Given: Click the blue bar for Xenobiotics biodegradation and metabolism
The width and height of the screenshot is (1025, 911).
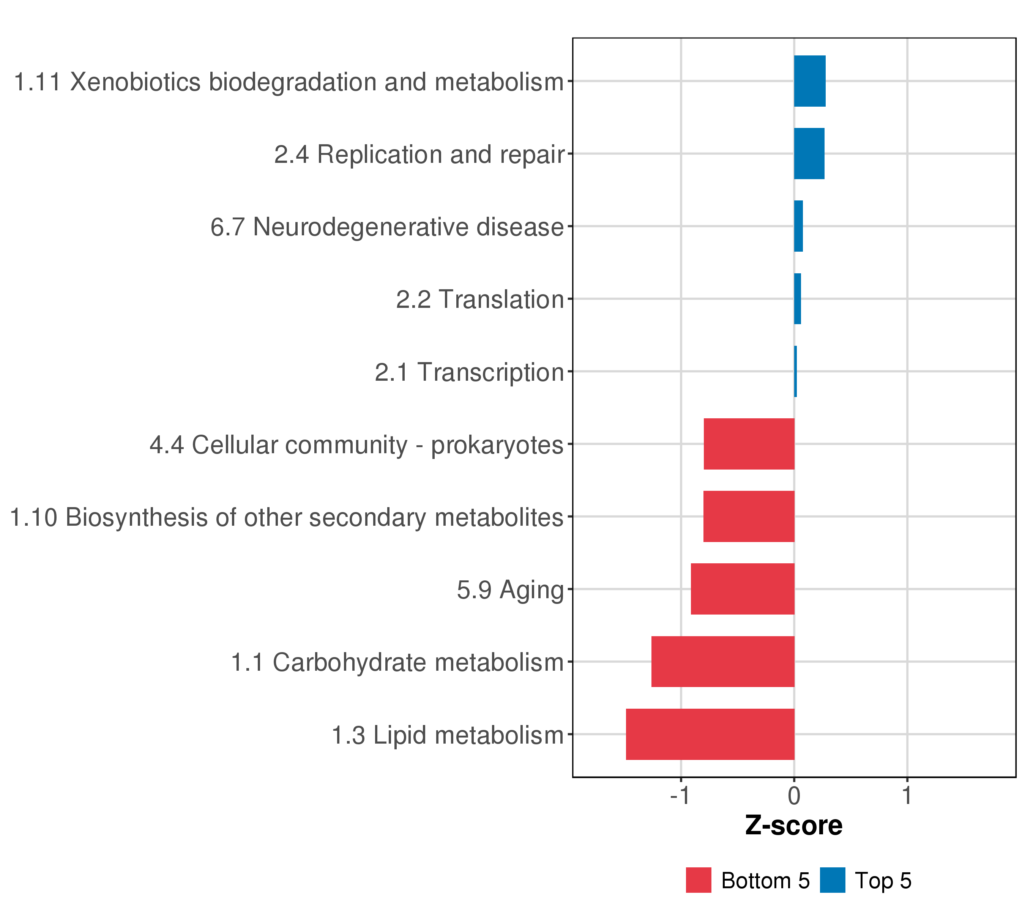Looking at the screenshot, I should [809, 81].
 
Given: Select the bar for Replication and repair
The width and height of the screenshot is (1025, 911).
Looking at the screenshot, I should [809, 153].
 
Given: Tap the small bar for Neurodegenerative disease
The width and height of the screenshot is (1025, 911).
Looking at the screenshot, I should [798, 226].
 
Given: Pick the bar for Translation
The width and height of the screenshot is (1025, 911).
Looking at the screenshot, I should [797, 299].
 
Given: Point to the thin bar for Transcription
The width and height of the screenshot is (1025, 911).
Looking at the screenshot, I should [795, 372].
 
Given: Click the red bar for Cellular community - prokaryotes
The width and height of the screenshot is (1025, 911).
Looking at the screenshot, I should [749, 444].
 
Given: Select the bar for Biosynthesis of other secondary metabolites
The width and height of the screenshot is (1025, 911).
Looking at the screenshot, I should [749, 516].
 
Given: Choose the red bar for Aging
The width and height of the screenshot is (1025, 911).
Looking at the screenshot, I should [742, 589].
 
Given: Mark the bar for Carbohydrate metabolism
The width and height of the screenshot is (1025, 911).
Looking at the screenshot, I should [722, 662].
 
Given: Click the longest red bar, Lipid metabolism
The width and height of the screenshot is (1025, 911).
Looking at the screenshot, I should [710, 734].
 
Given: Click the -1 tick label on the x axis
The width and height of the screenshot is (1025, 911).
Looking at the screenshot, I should [681, 796].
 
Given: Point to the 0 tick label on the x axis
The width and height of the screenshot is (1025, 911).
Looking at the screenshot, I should [794, 796].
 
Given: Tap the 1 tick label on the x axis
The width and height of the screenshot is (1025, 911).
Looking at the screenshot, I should [907, 796].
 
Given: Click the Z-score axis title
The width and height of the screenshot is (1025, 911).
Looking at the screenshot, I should [794, 826].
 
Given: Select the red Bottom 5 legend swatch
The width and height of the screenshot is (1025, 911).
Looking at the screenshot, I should [699, 880].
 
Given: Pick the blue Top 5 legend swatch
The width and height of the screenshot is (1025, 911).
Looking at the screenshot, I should [833, 880].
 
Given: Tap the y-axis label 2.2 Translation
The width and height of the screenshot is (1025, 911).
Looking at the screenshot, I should [480, 300].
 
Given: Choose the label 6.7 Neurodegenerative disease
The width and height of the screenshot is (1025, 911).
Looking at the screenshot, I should [387, 227].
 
